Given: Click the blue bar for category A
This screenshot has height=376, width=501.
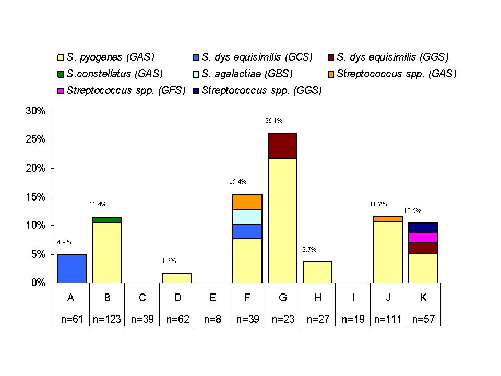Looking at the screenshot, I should (x=71, y=268).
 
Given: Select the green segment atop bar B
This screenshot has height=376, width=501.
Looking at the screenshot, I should (x=106, y=220).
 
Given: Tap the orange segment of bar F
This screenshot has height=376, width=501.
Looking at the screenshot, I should (x=247, y=202).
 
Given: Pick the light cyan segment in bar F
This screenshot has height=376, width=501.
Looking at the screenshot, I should (x=247, y=217).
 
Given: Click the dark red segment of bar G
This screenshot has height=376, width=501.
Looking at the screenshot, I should (x=282, y=146).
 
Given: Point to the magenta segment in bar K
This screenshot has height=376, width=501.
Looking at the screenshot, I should (x=423, y=238).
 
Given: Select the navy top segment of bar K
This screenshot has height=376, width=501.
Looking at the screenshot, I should (x=423, y=228).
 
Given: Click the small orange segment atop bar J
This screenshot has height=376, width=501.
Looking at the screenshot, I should (x=388, y=218).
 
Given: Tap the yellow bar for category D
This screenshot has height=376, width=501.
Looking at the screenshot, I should (x=177, y=278).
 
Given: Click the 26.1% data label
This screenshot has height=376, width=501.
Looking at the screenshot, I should (x=274, y=121).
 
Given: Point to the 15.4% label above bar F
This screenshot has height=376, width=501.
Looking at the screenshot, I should (x=237, y=182).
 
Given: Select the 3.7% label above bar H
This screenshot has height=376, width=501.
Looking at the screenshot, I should (x=309, y=249).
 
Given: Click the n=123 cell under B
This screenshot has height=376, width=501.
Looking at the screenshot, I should (x=107, y=319).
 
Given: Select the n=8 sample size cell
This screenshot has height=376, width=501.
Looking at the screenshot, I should (x=212, y=319).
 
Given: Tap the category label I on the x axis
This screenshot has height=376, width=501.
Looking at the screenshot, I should (x=353, y=298).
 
